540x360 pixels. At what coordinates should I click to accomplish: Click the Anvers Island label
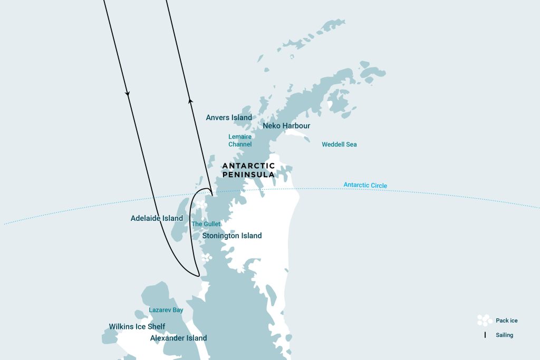coord(229,118)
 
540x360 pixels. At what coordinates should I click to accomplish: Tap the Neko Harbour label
coord(286,126)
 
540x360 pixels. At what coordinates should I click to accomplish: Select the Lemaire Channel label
coord(240,140)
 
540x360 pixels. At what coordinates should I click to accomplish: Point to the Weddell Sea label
coord(339,144)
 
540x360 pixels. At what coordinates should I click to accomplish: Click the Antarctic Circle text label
coord(365,185)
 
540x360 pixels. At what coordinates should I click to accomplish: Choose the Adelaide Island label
coord(157,218)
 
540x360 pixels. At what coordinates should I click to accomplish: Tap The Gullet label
coord(206,224)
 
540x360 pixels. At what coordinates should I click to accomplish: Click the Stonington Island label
coord(232,236)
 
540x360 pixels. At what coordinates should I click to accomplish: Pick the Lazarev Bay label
coord(166,310)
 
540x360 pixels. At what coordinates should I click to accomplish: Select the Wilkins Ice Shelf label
coord(137,326)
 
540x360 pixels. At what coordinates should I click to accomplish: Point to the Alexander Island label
coord(178,338)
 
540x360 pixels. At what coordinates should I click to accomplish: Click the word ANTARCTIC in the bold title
coord(248,166)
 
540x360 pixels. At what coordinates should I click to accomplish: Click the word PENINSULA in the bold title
coord(248,174)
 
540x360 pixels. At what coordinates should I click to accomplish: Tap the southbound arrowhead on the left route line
coord(128,94)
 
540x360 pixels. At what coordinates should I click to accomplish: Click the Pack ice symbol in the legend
coord(484,320)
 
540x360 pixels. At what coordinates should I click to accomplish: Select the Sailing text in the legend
coord(504,335)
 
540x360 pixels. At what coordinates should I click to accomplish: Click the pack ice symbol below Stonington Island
coord(208,258)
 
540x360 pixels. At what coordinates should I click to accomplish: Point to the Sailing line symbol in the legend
coord(485,335)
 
